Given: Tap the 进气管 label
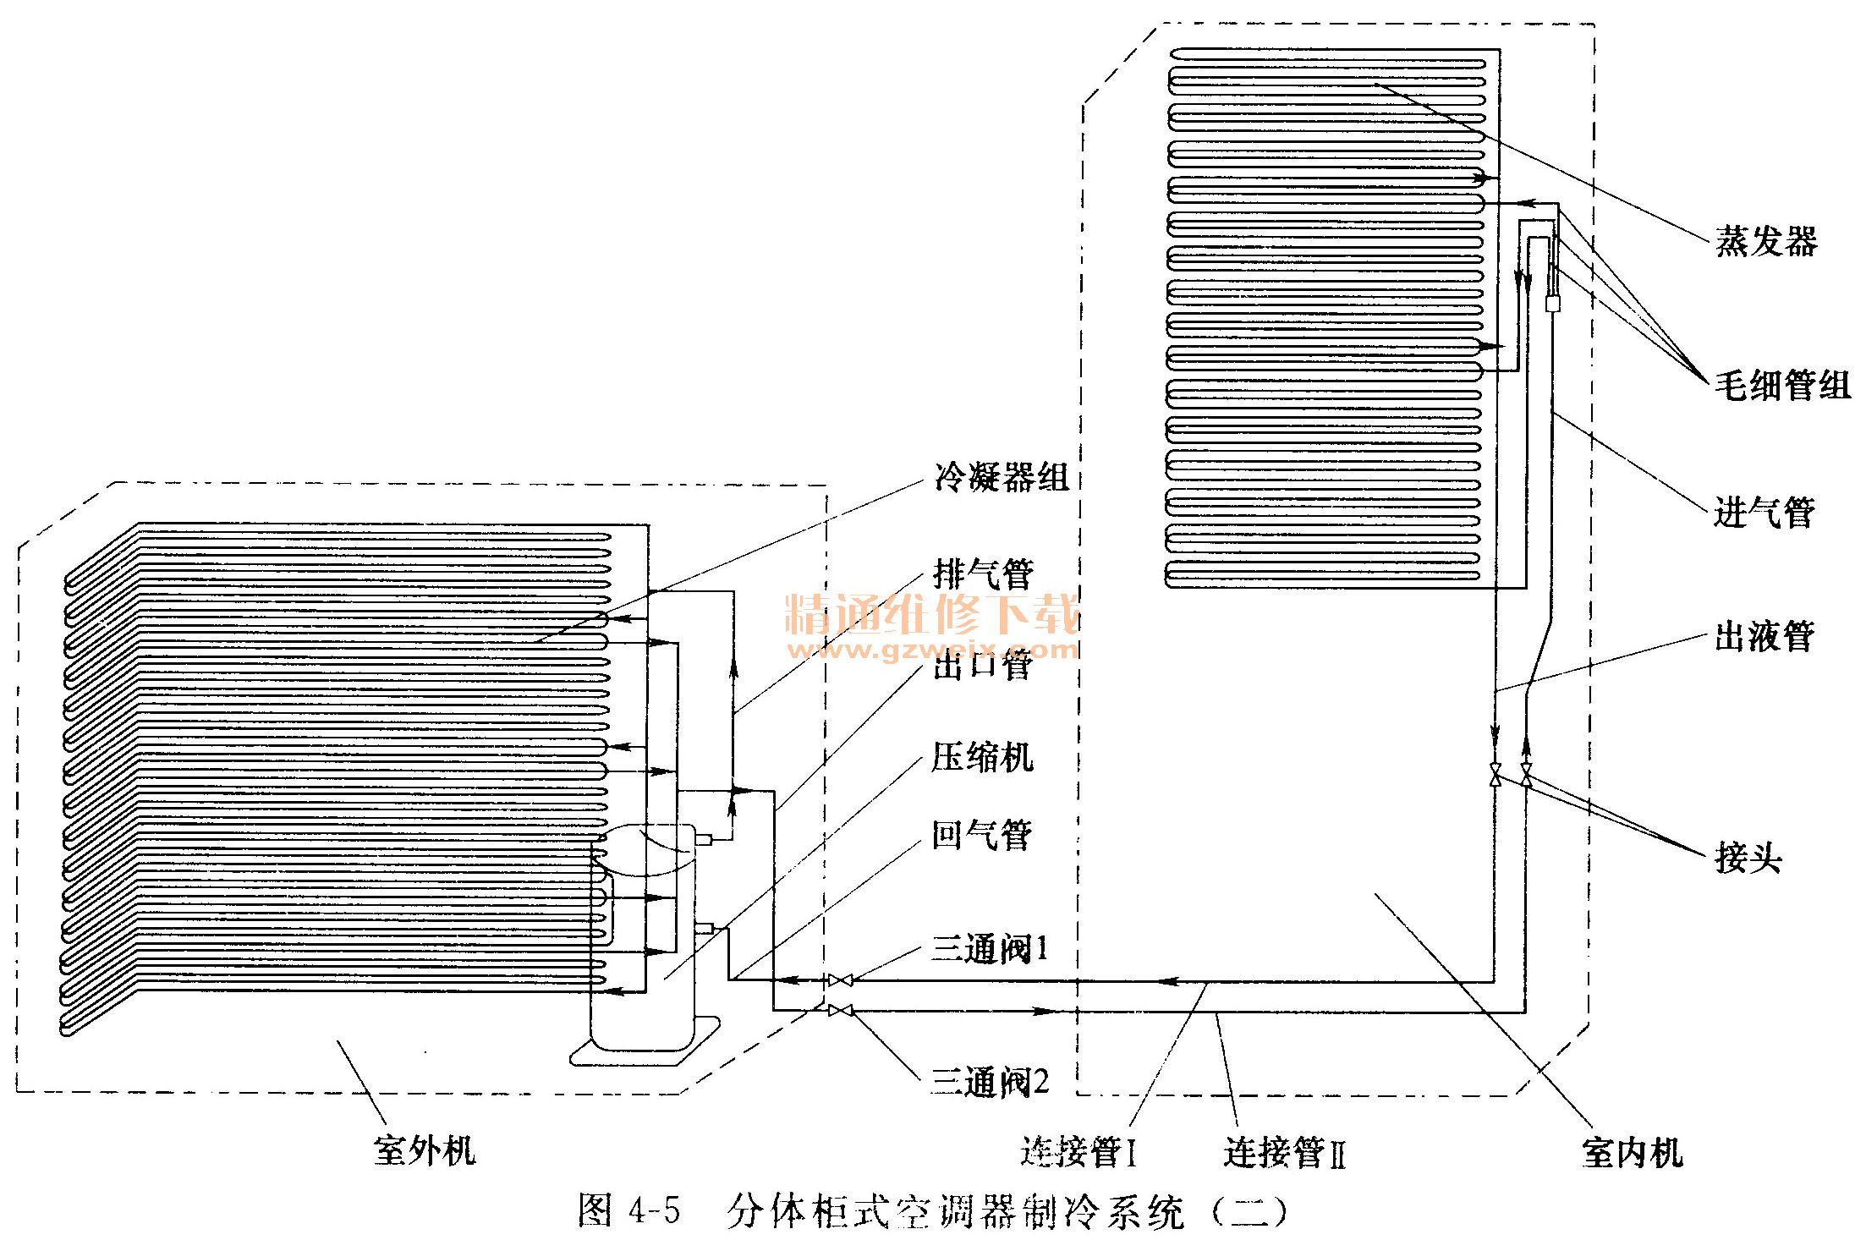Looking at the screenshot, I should click(1764, 512).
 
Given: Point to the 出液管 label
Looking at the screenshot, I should click(1764, 636).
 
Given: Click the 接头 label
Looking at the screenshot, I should click(1748, 859).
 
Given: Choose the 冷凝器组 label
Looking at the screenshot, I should click(1002, 477).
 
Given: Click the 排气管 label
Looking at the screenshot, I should click(983, 575).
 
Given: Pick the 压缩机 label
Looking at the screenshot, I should click(982, 757).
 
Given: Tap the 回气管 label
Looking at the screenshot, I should click(982, 836).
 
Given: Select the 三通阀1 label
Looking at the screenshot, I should click(990, 949).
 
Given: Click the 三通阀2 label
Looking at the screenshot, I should click(990, 1082).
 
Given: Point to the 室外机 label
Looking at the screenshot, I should click(425, 1151).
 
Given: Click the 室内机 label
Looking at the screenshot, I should click(1632, 1153).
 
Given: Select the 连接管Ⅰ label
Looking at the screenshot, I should click(1078, 1152).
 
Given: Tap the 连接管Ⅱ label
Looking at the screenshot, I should click(1284, 1153).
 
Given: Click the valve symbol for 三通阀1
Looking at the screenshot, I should click(841, 980).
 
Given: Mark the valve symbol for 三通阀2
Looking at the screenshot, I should click(841, 1010).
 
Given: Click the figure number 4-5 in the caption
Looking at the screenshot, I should click(655, 1211).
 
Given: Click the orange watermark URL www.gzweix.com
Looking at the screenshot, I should click(934, 650).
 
